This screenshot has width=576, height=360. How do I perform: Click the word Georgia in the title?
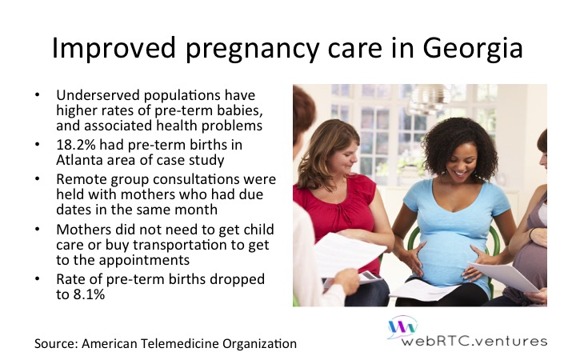(x=473, y=48)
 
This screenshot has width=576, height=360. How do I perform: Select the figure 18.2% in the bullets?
(x=76, y=145)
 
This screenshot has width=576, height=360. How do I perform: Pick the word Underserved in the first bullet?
(x=98, y=95)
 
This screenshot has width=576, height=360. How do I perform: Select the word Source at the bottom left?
(x=56, y=343)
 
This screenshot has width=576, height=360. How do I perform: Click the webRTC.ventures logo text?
(x=474, y=341)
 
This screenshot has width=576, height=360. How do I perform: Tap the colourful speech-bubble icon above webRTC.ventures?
(x=403, y=326)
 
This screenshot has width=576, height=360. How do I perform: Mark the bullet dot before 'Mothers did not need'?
(x=37, y=229)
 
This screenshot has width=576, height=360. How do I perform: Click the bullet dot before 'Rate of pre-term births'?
(x=37, y=278)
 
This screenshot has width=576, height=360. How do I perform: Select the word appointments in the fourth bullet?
(x=144, y=261)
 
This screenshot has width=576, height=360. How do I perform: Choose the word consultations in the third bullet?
(x=194, y=179)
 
